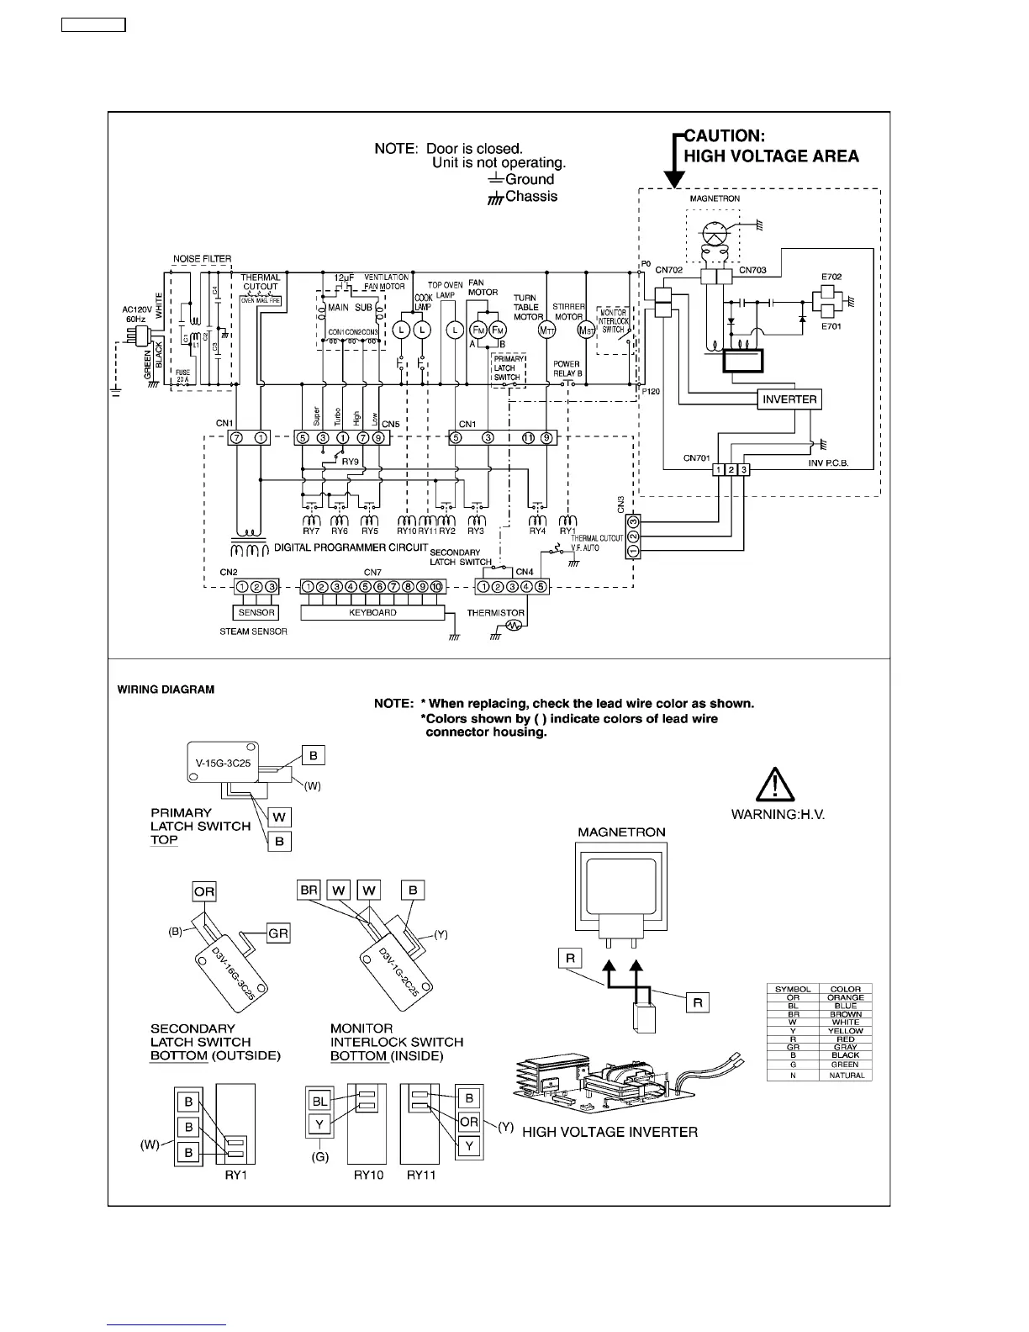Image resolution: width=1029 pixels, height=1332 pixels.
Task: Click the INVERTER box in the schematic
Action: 789,399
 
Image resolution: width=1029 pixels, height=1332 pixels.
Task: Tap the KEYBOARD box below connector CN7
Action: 372,613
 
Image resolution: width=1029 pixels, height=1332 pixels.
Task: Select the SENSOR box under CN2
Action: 256,613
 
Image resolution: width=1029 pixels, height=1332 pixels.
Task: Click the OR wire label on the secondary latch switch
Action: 204,891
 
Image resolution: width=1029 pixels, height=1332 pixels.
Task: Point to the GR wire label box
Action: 278,933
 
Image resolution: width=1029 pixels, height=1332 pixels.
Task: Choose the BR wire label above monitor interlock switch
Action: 309,890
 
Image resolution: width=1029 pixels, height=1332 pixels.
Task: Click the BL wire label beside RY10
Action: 320,1101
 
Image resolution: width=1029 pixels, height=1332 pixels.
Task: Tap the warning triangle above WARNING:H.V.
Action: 770,787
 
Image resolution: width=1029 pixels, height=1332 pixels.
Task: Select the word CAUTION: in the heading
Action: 725,135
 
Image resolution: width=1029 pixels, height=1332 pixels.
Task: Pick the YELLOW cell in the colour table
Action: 845,1030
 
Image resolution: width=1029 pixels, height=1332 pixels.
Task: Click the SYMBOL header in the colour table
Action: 792,989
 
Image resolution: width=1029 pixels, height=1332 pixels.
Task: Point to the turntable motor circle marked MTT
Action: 547,330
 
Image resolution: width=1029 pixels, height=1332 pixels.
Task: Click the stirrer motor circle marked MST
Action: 586,330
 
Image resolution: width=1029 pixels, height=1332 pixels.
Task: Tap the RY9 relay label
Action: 350,462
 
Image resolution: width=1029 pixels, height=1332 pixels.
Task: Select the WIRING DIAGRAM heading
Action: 166,690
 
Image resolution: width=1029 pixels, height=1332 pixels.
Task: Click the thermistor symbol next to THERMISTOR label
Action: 515,625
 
